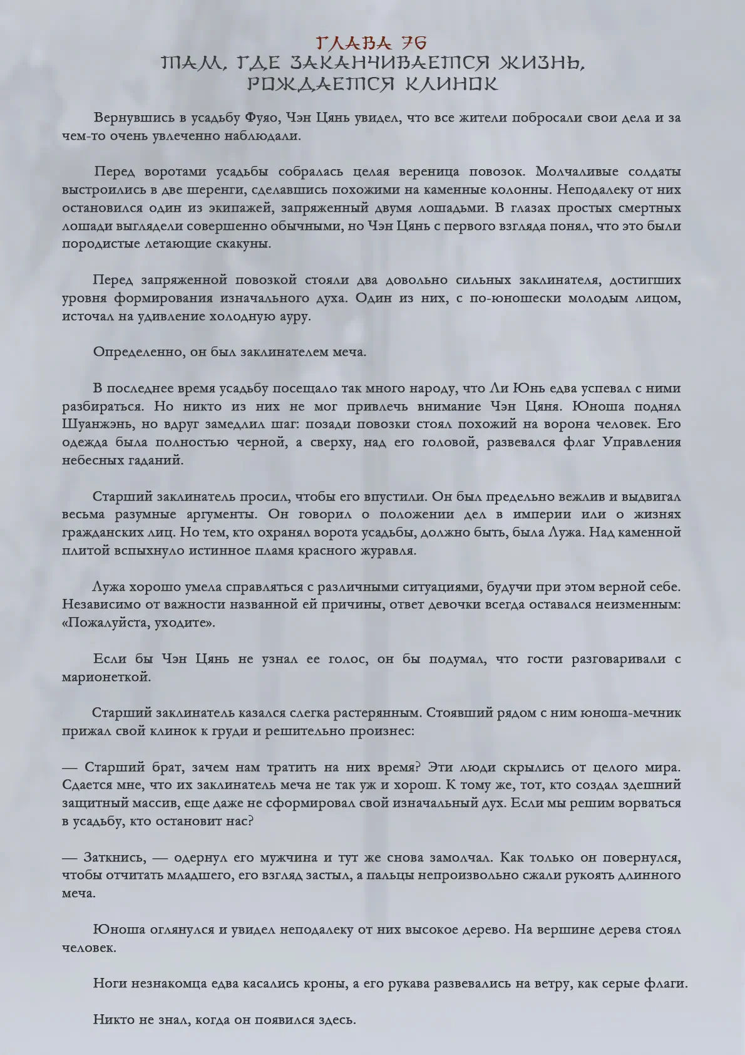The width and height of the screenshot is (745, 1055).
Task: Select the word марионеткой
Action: click(x=106, y=677)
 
